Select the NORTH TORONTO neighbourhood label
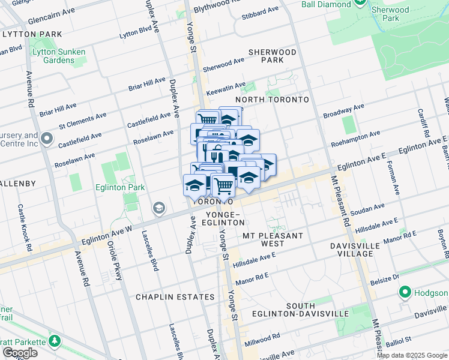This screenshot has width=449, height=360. coord(272,100)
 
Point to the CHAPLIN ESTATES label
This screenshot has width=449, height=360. coord(175,297)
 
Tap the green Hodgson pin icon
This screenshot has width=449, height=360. coord(405,293)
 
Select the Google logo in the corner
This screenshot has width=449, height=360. coord(20,353)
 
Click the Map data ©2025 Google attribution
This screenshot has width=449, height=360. coord(412,355)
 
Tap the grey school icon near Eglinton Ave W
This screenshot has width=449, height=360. coord(159,208)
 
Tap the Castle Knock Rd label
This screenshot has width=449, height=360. coord(23,227)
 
